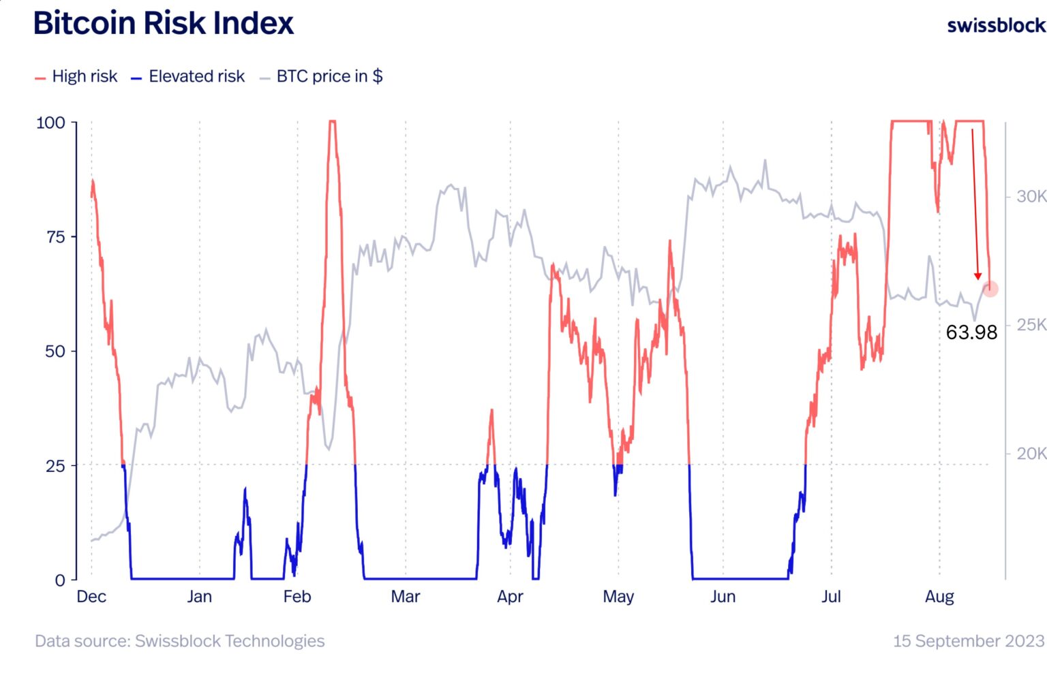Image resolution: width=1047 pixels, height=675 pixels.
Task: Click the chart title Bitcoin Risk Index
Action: click(x=163, y=24)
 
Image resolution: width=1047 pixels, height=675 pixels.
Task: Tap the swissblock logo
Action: click(x=996, y=26)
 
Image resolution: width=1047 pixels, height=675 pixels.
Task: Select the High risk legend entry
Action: click(x=76, y=76)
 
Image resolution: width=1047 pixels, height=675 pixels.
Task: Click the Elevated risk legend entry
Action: click(x=188, y=76)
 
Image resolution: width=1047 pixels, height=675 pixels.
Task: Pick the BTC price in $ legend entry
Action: click(x=321, y=76)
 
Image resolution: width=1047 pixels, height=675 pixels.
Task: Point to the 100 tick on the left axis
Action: click(x=50, y=123)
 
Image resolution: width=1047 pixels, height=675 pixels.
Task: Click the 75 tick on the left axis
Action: click(x=56, y=237)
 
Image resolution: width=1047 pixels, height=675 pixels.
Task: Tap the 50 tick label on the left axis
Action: click(x=55, y=351)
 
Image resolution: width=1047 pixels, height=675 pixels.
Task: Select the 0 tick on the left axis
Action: click(x=60, y=580)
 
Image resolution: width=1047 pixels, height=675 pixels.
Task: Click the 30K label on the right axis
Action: click(x=1031, y=196)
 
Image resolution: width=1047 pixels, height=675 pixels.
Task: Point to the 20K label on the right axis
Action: click(x=1031, y=453)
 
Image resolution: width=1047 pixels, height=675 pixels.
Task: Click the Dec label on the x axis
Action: click(x=91, y=597)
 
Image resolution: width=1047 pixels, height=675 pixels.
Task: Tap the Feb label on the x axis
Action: click(x=297, y=597)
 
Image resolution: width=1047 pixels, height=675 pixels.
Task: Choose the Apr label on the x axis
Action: click(x=510, y=597)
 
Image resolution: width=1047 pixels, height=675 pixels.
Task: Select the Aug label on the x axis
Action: click(x=939, y=597)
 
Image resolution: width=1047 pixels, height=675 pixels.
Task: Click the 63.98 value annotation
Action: click(x=971, y=332)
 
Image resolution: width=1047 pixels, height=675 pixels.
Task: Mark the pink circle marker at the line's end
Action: click(x=990, y=289)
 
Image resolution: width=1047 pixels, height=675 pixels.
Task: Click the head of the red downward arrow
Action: click(x=977, y=276)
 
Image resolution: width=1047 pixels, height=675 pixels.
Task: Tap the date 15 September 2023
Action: click(x=968, y=641)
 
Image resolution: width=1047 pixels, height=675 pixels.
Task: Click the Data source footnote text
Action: click(x=180, y=641)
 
